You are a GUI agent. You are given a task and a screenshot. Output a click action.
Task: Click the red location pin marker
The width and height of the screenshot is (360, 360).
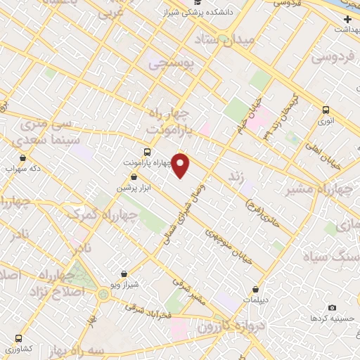click(181, 165)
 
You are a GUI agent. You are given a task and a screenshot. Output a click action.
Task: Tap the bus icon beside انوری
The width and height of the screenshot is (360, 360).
click(326, 110)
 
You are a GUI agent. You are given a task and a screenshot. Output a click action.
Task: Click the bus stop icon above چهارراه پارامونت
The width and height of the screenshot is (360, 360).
click(146, 152)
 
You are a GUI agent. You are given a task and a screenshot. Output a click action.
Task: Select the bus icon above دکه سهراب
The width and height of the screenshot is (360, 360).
click(23, 158)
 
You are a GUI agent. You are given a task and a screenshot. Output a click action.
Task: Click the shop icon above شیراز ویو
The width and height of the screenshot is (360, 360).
click(124, 274)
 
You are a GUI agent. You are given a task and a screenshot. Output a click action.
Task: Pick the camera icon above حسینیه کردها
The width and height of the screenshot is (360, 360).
click(332, 308)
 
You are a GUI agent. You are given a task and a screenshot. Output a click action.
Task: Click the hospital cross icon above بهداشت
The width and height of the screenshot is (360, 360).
click(347, 18)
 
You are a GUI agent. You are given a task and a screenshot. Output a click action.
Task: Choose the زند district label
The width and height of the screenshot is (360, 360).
click(238, 176)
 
